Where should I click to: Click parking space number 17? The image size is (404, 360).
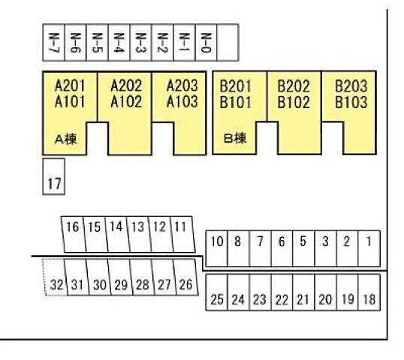[x=53, y=176]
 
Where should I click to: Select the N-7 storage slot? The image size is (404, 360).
[x=53, y=43]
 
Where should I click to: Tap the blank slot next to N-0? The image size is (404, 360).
[x=228, y=43]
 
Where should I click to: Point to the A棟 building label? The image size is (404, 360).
[x=66, y=139]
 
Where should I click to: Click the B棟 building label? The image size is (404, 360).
[x=235, y=139]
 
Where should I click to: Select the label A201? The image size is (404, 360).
[x=70, y=85]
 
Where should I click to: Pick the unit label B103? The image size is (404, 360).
[x=351, y=102]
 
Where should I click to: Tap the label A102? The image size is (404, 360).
[x=126, y=101]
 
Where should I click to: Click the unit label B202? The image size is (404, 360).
[x=294, y=86]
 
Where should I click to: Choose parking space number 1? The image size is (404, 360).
[x=369, y=248]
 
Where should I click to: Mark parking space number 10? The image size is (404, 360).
[x=217, y=248]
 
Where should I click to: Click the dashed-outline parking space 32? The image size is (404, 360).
[x=56, y=277]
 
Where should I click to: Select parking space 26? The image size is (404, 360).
[x=185, y=277]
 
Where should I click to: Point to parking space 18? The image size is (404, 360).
[x=369, y=292]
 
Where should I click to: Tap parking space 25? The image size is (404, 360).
[x=217, y=292]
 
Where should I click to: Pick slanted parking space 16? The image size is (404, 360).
[x=74, y=234]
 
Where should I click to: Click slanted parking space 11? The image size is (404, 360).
[x=182, y=234]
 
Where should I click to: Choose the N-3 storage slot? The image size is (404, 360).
[x=140, y=43]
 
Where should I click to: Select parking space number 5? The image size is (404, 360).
[x=303, y=248]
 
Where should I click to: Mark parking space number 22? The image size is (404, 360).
[x=282, y=292]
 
